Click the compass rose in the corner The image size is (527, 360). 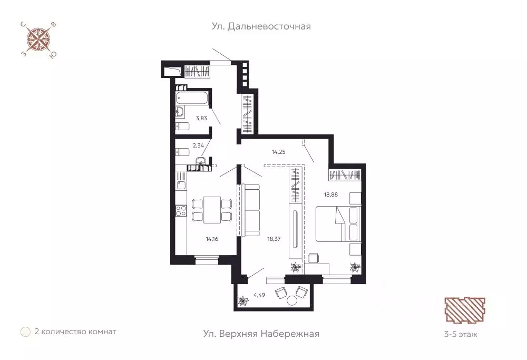click(38, 40)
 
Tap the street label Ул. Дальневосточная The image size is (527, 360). click(261, 26)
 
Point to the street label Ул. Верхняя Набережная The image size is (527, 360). click(261, 334)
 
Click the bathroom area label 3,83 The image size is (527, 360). click(201, 118)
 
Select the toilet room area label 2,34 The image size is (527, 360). click(198, 145)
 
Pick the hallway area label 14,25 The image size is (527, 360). click(279, 152)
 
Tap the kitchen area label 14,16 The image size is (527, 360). click(212, 239)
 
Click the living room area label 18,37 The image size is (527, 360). click(274, 239)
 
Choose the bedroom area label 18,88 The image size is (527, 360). click(331, 194)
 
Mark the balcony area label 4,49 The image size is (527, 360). click(259, 295)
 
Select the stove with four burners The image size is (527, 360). click(181, 211)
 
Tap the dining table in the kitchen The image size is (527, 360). click(212, 210)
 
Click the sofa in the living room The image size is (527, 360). click(251, 210)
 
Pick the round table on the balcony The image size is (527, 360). click(292, 300)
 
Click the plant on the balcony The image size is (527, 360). click(242, 301)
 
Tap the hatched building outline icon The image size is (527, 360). click(465, 310)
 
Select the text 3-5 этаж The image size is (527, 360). click(461, 335)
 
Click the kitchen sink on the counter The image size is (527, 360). click(181, 186)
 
